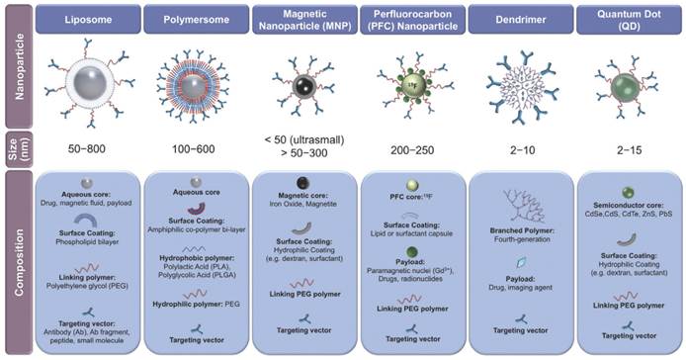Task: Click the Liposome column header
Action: point(85,20)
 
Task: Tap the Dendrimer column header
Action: point(526,20)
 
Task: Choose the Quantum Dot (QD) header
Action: point(629,20)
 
